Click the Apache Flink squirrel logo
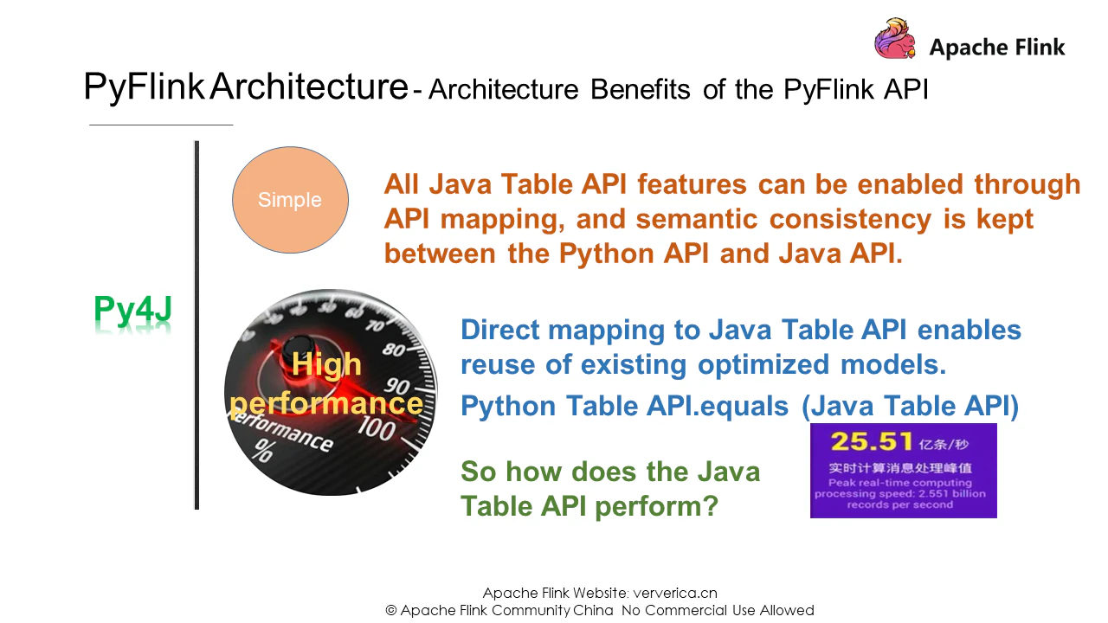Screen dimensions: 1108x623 coord(895,39)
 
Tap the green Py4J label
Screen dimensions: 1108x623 coord(132,309)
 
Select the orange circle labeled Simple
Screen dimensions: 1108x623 coord(290,200)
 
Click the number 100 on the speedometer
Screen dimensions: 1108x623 coord(377,428)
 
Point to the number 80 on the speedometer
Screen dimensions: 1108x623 coord(394,350)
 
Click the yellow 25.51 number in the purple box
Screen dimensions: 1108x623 coord(871,441)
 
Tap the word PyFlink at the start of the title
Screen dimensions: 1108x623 coord(144,87)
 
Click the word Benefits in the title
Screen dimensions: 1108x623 coord(640,89)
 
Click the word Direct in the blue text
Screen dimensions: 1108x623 coord(499,330)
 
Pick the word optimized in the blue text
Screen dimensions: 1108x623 coord(763,365)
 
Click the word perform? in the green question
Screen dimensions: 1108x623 coord(656,507)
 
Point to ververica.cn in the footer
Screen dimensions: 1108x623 coord(675,593)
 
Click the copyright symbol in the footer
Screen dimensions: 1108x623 coord(390,611)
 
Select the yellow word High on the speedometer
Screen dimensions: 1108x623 coord(326,365)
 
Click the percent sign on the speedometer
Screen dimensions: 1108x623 coord(263,451)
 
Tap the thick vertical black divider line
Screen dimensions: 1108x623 coord(196,324)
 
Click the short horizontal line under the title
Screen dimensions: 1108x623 coord(161,125)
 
